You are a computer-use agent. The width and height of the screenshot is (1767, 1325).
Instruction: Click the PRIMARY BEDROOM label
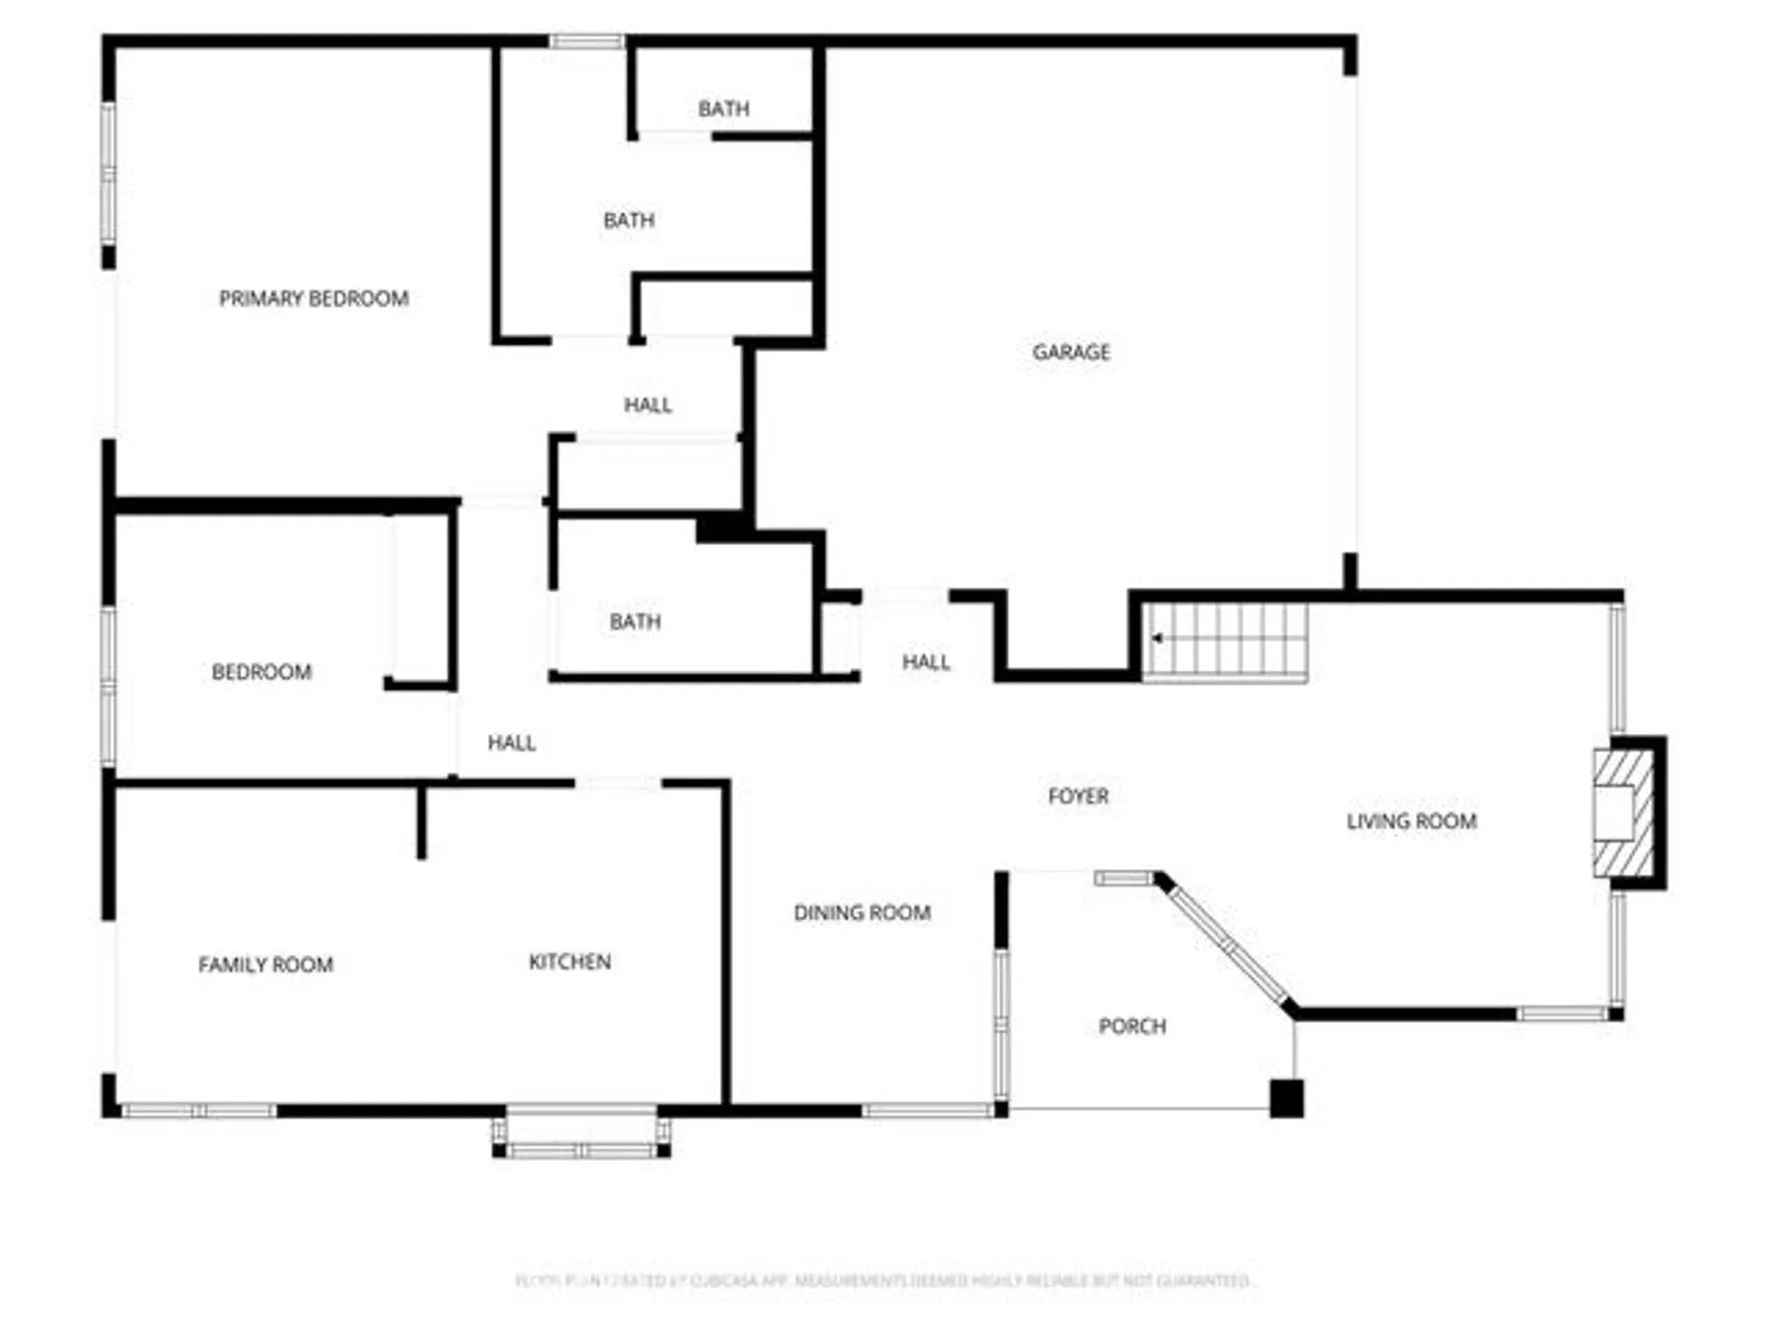[314, 299]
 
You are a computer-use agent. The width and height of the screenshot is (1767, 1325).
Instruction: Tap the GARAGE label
[1071, 352]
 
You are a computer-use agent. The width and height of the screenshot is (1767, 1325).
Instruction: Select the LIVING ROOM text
[1411, 821]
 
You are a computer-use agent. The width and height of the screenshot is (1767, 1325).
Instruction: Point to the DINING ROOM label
[862, 912]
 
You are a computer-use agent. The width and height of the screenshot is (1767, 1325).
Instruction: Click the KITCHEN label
[570, 961]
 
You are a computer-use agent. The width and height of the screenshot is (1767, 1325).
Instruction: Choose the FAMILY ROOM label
[265, 965]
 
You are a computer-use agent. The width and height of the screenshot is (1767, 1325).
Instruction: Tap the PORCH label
[1132, 1026]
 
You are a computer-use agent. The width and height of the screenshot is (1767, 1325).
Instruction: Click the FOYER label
[1078, 796]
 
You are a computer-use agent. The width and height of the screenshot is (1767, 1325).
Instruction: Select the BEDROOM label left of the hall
[262, 672]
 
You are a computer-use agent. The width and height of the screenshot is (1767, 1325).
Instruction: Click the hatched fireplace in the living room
[1624, 813]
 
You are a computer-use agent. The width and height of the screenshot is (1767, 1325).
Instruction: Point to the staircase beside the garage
[1225, 642]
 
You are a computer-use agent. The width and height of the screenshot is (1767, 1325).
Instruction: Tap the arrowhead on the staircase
[1156, 638]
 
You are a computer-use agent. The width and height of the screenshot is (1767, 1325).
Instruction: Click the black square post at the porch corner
[1286, 1098]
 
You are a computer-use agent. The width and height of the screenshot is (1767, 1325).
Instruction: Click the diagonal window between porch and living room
[1228, 946]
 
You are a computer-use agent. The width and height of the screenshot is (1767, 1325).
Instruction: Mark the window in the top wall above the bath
[587, 41]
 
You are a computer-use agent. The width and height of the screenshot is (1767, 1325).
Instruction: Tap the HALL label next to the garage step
[925, 662]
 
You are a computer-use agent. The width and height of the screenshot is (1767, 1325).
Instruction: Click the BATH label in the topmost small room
[724, 109]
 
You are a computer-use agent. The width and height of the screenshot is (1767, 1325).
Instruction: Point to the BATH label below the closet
[635, 622]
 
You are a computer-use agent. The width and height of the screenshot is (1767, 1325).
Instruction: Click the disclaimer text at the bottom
[883, 1280]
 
